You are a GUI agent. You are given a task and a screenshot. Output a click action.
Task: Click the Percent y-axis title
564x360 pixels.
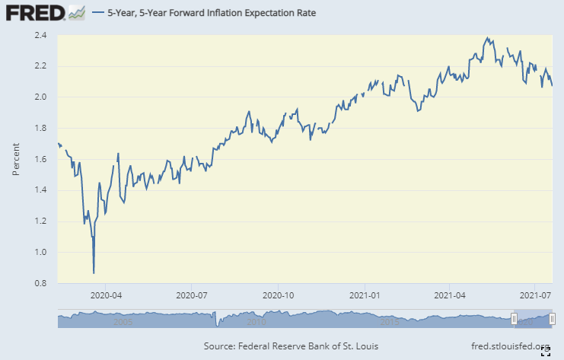pyautogui.click(x=16, y=159)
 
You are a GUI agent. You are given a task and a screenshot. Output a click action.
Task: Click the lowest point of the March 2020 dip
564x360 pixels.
pyautogui.click(x=94, y=272)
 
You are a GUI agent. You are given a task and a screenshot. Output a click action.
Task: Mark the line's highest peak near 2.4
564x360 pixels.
pyautogui.click(x=486, y=37)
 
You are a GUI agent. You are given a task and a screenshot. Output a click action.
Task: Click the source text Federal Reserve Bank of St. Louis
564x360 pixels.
pyautogui.click(x=292, y=347)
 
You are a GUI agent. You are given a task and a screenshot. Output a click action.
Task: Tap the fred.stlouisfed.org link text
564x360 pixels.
pyautogui.click(x=505, y=347)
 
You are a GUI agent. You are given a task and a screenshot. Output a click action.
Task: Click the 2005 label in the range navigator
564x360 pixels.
pyautogui.click(x=123, y=322)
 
